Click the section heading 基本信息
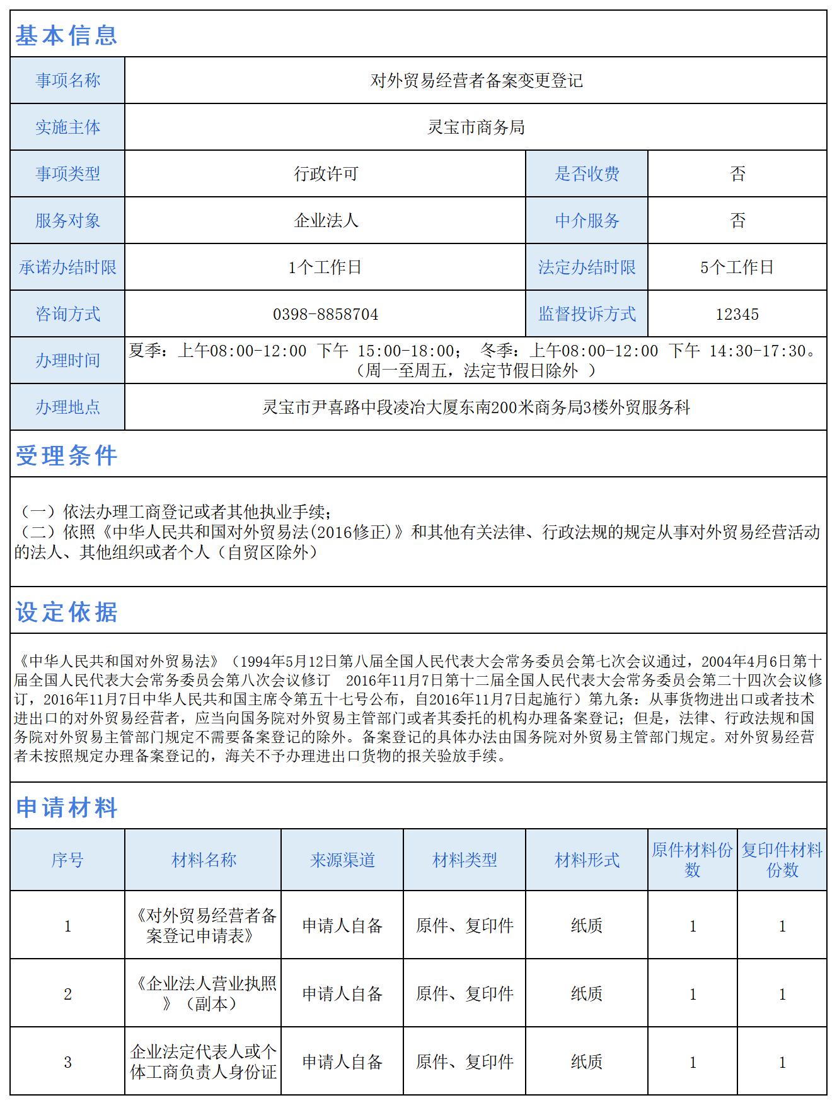[x=66, y=35]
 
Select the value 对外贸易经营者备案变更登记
[x=476, y=81]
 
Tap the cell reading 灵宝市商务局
[x=476, y=127]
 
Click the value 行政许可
[x=325, y=174]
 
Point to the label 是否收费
[x=587, y=174]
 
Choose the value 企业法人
[x=325, y=221]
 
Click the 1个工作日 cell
[x=325, y=267]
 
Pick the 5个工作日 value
[x=737, y=267]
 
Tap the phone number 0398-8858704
[x=325, y=314]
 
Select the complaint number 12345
[x=737, y=314]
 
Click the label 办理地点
[x=67, y=407]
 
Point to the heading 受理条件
[x=66, y=455]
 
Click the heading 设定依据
[x=66, y=612]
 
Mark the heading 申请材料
[x=66, y=807]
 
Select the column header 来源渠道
[x=342, y=860]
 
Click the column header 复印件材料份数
[x=782, y=860]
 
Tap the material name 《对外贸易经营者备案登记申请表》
[x=204, y=925]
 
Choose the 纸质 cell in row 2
[x=587, y=994]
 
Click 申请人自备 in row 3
[x=342, y=1062]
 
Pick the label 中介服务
[x=587, y=221]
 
